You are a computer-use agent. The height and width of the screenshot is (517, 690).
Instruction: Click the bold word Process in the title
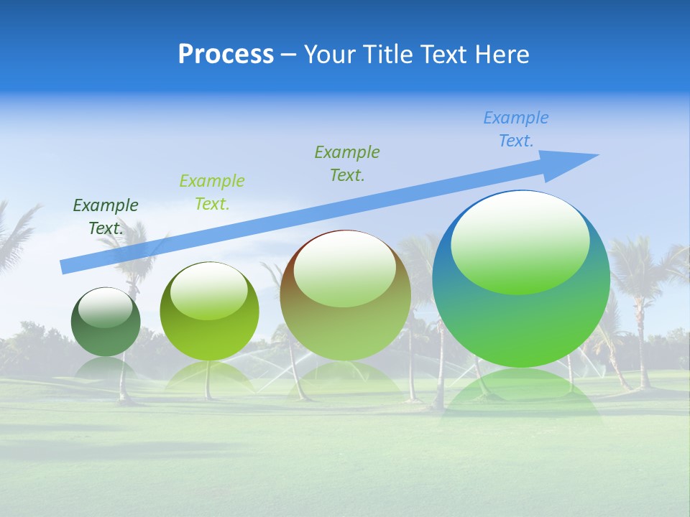226,55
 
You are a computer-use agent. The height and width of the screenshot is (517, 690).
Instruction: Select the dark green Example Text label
106,217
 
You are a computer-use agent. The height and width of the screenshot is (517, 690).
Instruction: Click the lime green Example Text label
212,192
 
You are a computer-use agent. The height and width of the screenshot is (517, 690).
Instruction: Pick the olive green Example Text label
347,164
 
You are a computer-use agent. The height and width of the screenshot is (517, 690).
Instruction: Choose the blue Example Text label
516,129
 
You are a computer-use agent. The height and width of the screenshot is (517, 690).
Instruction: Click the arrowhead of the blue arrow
575,160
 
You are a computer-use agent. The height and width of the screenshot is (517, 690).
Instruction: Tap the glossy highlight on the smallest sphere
106,307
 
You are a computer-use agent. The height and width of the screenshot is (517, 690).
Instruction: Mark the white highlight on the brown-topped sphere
344,269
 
